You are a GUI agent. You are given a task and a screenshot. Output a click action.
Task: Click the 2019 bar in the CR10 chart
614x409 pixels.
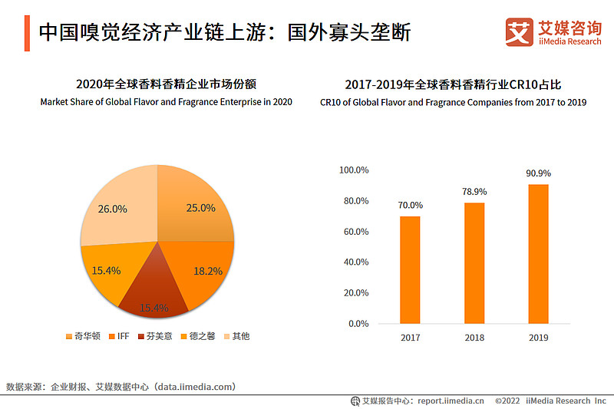point(539,253)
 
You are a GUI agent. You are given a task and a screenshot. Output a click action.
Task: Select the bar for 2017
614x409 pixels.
point(410,269)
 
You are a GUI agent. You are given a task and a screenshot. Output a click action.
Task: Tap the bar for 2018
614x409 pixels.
point(474,262)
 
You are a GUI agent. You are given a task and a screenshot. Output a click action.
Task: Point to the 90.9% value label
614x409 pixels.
point(539,173)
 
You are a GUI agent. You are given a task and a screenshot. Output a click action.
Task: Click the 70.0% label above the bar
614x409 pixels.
point(410,206)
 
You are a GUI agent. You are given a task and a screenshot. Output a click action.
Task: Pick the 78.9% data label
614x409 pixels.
point(474,192)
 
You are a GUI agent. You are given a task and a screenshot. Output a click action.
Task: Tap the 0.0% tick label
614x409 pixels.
point(358,324)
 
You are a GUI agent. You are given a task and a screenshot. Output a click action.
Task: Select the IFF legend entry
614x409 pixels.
point(120,336)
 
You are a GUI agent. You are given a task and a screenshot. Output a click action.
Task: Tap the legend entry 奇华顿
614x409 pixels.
point(83,336)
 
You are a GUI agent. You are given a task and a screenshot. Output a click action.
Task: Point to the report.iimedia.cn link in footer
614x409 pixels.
point(450,401)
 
